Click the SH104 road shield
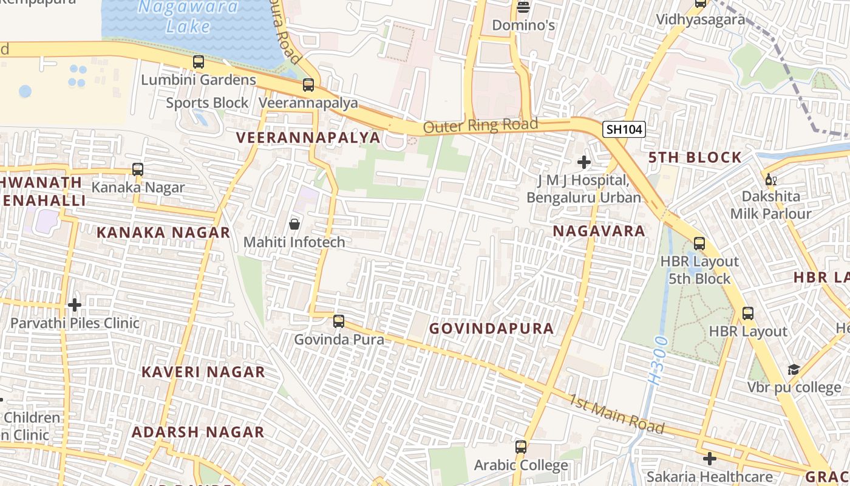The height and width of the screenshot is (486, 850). [x=624, y=129]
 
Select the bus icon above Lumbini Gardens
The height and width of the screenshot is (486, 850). [x=199, y=61]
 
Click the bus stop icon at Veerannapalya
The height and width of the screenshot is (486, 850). [x=308, y=85]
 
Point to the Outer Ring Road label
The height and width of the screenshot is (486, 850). [x=480, y=126]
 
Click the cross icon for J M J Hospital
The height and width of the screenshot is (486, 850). [x=584, y=162]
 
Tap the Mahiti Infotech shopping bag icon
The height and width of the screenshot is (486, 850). [x=294, y=224]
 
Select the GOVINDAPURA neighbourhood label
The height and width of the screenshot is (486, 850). [x=491, y=329]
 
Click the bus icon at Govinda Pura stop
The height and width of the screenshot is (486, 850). [x=339, y=321]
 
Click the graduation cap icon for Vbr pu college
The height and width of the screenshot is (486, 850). [x=794, y=370]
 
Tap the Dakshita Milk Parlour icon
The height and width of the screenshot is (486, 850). [x=770, y=179]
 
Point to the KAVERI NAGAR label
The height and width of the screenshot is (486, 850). [x=203, y=372]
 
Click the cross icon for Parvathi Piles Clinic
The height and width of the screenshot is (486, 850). [x=75, y=304]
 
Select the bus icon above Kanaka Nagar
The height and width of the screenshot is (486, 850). [x=138, y=169]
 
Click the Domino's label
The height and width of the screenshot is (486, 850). [x=523, y=26]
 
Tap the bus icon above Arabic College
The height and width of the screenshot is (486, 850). [x=521, y=447]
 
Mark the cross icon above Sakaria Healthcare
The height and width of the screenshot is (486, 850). [x=709, y=458]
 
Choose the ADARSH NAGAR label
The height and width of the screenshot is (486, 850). [x=198, y=432]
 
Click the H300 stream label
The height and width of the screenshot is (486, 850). [x=657, y=360]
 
